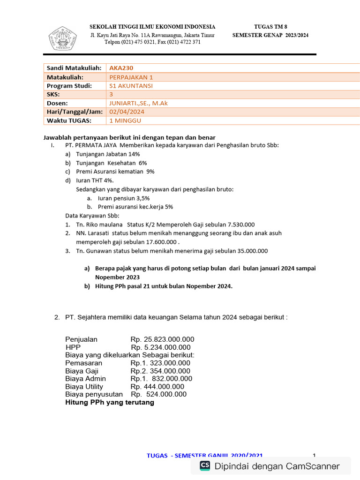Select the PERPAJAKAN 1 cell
[131, 77]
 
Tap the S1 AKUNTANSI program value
[131, 86]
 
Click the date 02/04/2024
[127, 112]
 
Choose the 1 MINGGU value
[125, 120]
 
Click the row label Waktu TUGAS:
[68, 120]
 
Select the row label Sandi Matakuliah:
[74, 68]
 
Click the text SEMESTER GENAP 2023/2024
[270, 35]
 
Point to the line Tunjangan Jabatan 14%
[108, 154]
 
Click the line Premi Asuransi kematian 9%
[115, 172]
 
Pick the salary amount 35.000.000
[250, 251]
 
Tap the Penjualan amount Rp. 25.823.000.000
[162, 339]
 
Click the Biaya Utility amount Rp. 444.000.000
[157, 387]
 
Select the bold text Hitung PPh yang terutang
[110, 403]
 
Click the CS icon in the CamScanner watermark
[205, 465]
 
